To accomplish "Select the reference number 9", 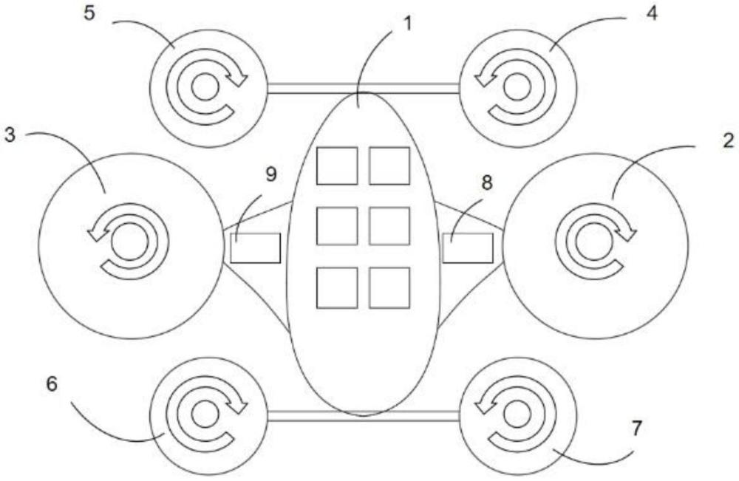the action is [x=270, y=174].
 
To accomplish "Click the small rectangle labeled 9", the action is [x=255, y=248].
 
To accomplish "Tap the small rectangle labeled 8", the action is [x=467, y=248].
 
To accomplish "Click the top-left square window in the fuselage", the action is [x=337, y=166].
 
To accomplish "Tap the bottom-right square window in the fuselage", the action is [x=389, y=287].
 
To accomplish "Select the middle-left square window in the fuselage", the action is [x=337, y=226].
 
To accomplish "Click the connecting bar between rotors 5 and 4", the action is [x=362, y=88].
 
